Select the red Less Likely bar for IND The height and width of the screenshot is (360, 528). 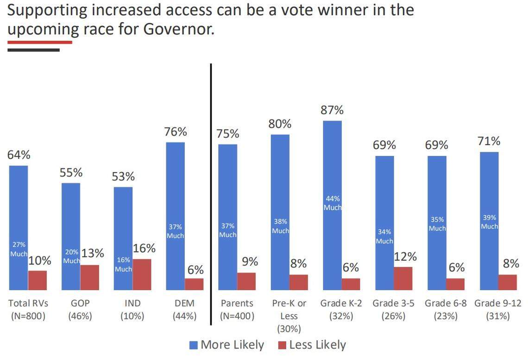(x=142, y=274)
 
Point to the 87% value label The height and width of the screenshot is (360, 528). (x=332, y=111)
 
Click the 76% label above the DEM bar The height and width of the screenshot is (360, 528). (x=176, y=132)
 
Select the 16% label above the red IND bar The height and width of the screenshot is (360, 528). (x=144, y=248)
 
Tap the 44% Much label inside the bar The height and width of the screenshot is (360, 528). (x=332, y=203)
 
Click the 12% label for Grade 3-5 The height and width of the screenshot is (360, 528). (x=405, y=256)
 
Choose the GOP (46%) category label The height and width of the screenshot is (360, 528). (x=80, y=310)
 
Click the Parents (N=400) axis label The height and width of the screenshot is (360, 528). (x=237, y=310)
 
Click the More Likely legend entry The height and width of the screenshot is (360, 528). (x=226, y=345)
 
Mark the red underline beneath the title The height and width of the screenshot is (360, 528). (x=40, y=42)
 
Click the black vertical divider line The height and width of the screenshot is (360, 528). (x=211, y=185)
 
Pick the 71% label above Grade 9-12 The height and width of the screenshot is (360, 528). (x=489, y=141)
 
